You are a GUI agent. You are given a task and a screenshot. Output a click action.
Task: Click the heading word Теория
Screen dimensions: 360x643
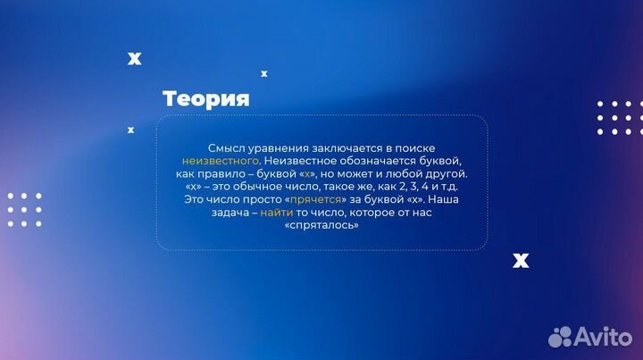coord(205,98)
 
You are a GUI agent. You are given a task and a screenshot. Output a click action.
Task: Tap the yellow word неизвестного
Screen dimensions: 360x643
coord(213,160)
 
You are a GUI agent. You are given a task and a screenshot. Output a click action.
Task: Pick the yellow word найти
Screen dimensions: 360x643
coord(276,213)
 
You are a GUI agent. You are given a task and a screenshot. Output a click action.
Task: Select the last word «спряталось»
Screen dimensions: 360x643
coord(321,226)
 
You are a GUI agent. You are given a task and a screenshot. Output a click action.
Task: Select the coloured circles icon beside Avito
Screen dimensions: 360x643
coord(561,336)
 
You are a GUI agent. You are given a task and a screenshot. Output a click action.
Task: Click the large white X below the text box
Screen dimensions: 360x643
coord(521,260)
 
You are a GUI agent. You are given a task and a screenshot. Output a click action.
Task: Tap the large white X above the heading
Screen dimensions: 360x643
coord(134,59)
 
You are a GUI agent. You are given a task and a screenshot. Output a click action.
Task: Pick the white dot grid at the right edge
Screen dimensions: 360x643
coord(620,118)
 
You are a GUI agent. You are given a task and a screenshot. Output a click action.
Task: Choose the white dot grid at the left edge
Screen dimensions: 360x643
coord(24,210)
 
